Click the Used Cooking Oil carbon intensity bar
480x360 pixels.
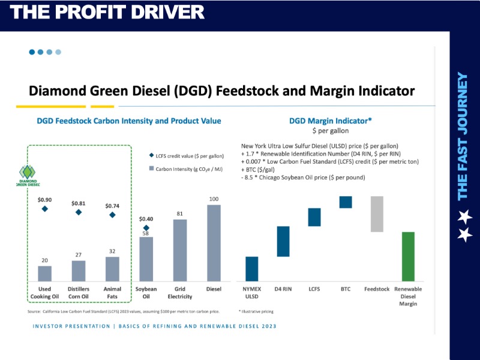tap(45, 274)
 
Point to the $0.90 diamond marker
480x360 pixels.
tap(45, 209)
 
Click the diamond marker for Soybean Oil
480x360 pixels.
tap(145, 228)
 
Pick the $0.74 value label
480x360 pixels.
tap(113, 206)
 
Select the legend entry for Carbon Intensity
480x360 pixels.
tap(185, 169)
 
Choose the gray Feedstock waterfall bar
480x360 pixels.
tap(377, 214)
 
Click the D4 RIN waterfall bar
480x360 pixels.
tap(283, 241)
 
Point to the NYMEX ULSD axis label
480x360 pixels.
tap(251, 293)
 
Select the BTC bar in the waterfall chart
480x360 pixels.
tap(346, 202)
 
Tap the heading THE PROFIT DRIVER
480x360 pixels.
tap(107, 11)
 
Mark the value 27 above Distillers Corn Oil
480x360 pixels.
tap(79, 255)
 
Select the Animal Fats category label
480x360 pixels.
tap(112, 293)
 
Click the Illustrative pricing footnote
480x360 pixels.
tap(256, 312)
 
